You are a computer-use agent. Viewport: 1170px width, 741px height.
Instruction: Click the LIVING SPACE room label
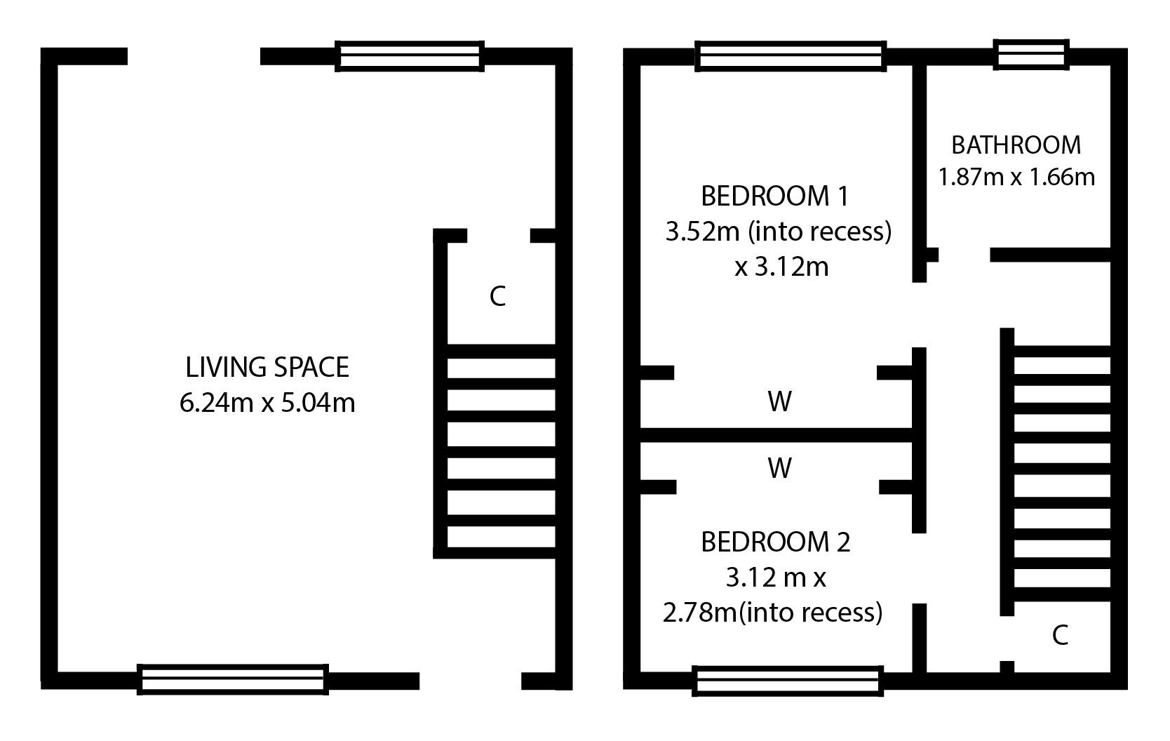(x=267, y=368)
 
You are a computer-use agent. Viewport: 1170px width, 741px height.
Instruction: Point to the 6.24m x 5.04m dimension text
(x=267, y=403)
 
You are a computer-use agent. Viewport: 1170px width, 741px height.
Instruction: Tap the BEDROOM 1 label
(x=775, y=196)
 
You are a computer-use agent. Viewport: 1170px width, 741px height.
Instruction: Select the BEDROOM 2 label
(x=775, y=542)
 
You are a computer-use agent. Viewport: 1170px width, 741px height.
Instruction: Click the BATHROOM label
(x=1016, y=145)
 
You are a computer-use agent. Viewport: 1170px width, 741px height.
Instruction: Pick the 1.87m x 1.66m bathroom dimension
(x=1016, y=177)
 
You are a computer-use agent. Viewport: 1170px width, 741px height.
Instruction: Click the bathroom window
(x=1031, y=54)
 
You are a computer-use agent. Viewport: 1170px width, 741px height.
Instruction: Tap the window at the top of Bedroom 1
(x=791, y=56)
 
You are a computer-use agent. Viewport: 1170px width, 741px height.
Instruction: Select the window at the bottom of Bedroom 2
(x=788, y=681)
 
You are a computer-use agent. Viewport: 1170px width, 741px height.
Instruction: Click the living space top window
(x=410, y=56)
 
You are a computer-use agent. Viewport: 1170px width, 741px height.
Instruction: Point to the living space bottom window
(x=233, y=679)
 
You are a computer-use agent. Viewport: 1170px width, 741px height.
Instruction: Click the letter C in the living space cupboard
(x=497, y=297)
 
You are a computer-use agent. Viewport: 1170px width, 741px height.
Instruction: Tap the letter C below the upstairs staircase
(x=1060, y=636)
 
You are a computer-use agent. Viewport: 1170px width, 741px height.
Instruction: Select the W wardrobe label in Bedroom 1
(x=779, y=401)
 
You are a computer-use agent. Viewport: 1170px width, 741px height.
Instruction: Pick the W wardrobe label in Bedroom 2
(x=779, y=468)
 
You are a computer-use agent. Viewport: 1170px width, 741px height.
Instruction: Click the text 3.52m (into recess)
(x=779, y=232)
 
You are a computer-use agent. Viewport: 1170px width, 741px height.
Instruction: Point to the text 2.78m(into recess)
(x=772, y=613)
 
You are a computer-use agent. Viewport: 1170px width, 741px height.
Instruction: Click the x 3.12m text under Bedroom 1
(x=781, y=267)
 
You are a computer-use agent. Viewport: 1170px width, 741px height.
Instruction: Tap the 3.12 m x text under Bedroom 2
(x=776, y=578)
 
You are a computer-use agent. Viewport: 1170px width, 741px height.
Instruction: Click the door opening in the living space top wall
(x=194, y=56)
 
